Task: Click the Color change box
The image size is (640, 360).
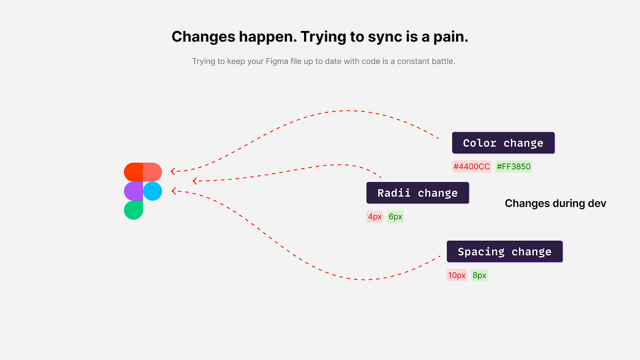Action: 503,143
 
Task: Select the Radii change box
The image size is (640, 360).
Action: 418,193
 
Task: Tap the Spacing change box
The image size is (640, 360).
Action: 505,251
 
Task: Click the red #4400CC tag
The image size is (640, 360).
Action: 471,166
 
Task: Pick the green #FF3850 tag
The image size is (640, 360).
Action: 514,166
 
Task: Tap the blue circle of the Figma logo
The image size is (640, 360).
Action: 153,191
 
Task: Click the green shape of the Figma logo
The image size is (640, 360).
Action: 133,210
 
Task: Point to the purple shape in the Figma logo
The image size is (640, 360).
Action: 133,191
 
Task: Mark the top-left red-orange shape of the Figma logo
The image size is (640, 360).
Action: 133,172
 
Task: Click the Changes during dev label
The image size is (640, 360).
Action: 555,203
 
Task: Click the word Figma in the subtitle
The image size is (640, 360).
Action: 277,61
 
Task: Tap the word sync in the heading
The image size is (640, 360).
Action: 385,37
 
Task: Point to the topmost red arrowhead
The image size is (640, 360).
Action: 173,171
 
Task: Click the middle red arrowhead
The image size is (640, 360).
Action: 195,181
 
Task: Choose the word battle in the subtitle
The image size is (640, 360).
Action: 443,61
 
